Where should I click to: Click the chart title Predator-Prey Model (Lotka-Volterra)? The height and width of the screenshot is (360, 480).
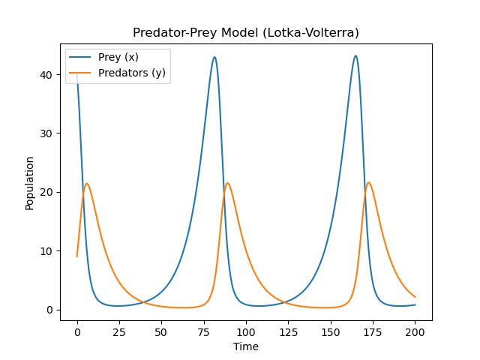(x=245, y=33)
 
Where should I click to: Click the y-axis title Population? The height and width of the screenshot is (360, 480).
(x=30, y=183)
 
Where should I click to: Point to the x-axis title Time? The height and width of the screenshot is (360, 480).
(x=245, y=346)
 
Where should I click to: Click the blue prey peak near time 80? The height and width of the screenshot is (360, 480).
(x=214, y=57)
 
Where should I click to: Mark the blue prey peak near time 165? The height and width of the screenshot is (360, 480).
(x=355, y=55)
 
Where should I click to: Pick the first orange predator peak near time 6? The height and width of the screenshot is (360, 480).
(x=87, y=184)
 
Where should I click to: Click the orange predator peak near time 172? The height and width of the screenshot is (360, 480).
(x=368, y=182)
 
